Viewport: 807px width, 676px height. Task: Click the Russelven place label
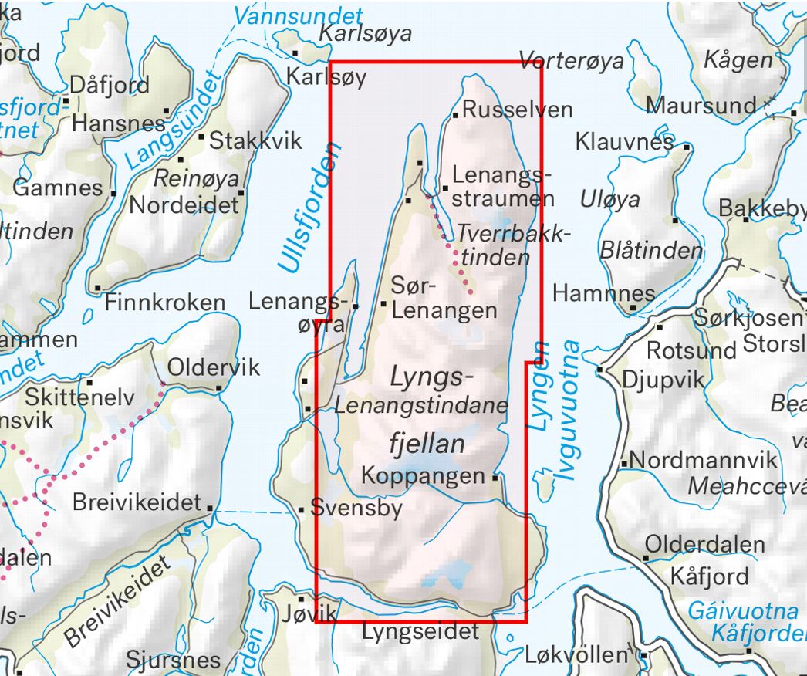518,110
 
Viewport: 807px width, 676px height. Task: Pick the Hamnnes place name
604,293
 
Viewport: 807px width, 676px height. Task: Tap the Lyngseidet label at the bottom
420,631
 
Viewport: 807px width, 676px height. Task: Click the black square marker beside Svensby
302,509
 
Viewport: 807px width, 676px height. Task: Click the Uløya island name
610,200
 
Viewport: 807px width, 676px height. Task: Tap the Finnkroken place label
165,303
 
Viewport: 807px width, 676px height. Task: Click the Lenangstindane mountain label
422,404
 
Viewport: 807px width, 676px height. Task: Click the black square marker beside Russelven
456,114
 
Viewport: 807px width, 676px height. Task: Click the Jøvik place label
321,613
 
